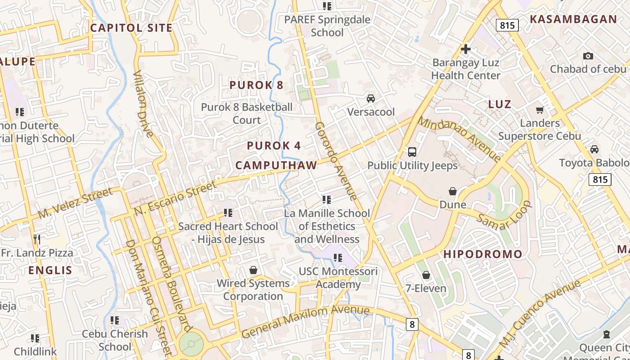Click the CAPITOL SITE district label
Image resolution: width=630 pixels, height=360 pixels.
[x=131, y=28]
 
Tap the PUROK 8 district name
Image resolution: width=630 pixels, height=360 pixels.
[x=256, y=85]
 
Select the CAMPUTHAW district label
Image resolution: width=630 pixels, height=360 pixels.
[x=276, y=166]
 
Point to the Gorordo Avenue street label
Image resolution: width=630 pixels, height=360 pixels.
[x=336, y=161]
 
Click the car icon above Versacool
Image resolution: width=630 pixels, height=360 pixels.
[x=371, y=99]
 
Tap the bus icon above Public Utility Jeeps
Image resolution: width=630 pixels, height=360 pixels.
[x=412, y=152]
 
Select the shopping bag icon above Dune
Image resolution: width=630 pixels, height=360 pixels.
[x=453, y=192]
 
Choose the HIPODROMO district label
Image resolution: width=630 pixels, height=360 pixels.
[x=483, y=254]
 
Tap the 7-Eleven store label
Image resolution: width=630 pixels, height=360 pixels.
[x=426, y=288]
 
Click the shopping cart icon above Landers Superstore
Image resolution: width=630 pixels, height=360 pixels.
[x=540, y=110]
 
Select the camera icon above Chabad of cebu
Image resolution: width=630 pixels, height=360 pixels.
[x=588, y=56]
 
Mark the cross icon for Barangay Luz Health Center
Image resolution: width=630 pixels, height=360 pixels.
[x=466, y=49]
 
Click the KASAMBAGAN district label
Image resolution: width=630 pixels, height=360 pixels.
[x=573, y=19]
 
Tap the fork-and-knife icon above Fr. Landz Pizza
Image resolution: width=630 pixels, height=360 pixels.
[x=37, y=239]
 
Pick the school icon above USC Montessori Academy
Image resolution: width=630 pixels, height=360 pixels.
[x=338, y=258]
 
